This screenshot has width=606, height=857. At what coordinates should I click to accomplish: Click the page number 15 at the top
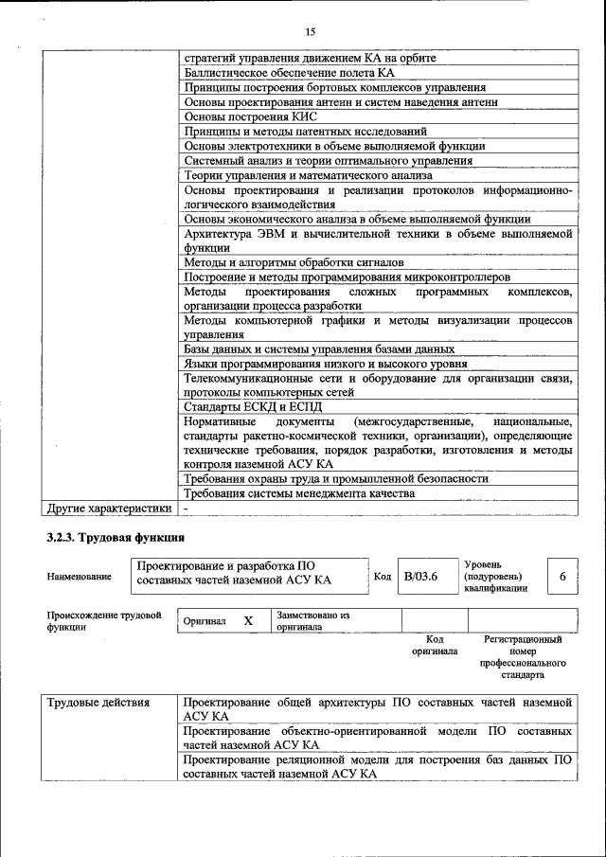310,31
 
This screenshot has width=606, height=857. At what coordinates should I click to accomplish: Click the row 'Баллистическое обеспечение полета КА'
289,73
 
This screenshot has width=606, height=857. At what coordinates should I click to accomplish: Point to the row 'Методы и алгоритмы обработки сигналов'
294,261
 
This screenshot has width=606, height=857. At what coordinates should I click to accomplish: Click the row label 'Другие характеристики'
110,509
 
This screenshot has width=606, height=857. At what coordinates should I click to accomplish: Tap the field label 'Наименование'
79,577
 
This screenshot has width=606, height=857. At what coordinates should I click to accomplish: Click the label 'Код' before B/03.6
383,577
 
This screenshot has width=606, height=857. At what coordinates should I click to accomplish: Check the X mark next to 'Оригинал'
248,621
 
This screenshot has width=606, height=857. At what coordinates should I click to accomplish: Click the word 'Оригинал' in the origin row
205,621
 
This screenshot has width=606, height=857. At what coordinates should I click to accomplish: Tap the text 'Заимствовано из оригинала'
313,621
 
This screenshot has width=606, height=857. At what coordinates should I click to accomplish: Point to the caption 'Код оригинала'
435,645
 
